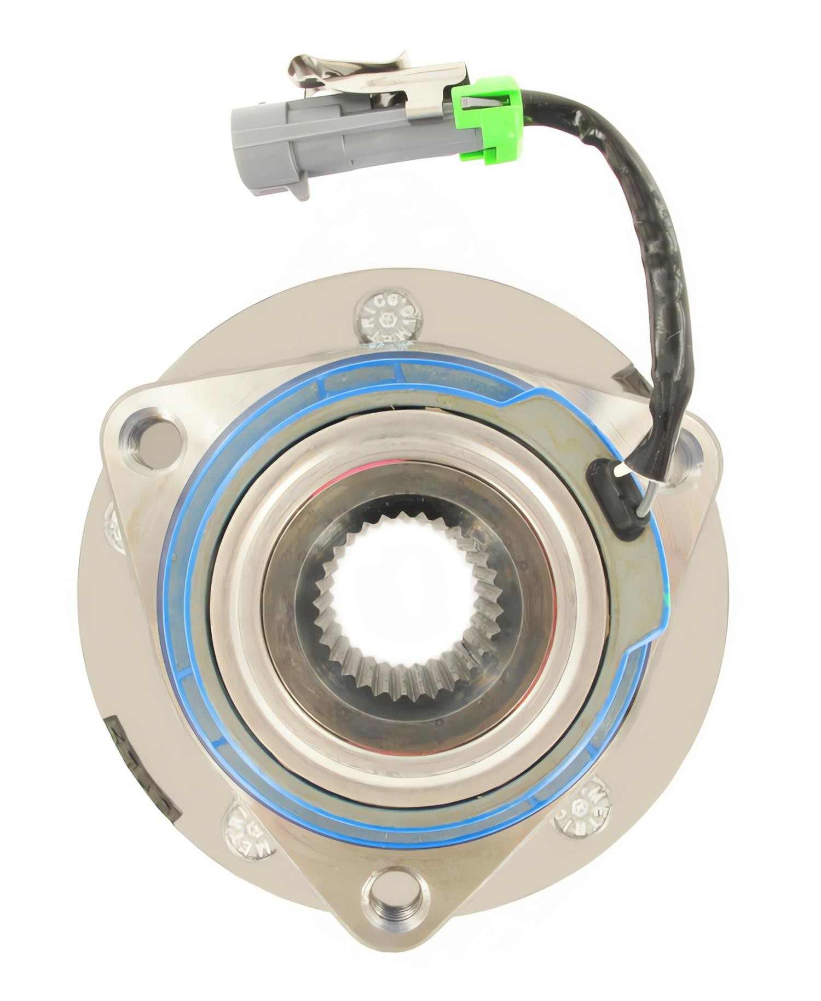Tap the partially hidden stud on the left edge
click(114, 525)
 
